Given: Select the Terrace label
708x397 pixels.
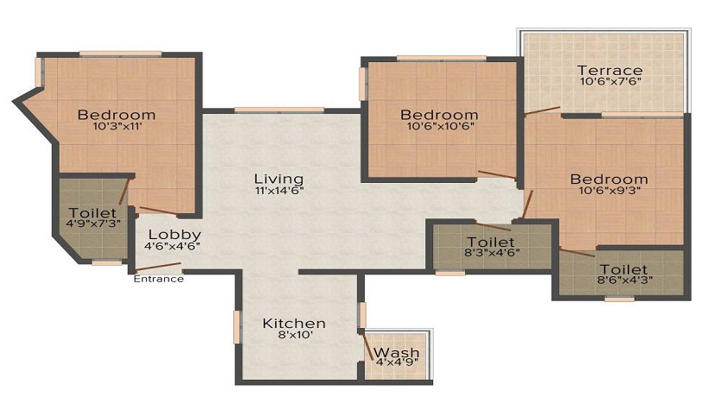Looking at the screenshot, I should (x=610, y=70).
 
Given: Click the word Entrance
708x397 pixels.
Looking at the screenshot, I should (x=157, y=278).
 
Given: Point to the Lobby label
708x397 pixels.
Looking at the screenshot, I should (x=175, y=234).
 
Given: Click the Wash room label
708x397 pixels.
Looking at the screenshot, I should (x=397, y=353).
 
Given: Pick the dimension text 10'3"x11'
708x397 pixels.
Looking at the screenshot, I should (x=116, y=127).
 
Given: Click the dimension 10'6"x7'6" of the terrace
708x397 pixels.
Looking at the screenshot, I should (x=610, y=83).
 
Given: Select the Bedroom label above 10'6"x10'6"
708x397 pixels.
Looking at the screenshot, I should (x=439, y=114).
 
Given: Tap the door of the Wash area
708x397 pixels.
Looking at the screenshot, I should (x=367, y=347).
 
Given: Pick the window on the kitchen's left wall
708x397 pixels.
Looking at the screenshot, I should (x=236, y=328).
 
